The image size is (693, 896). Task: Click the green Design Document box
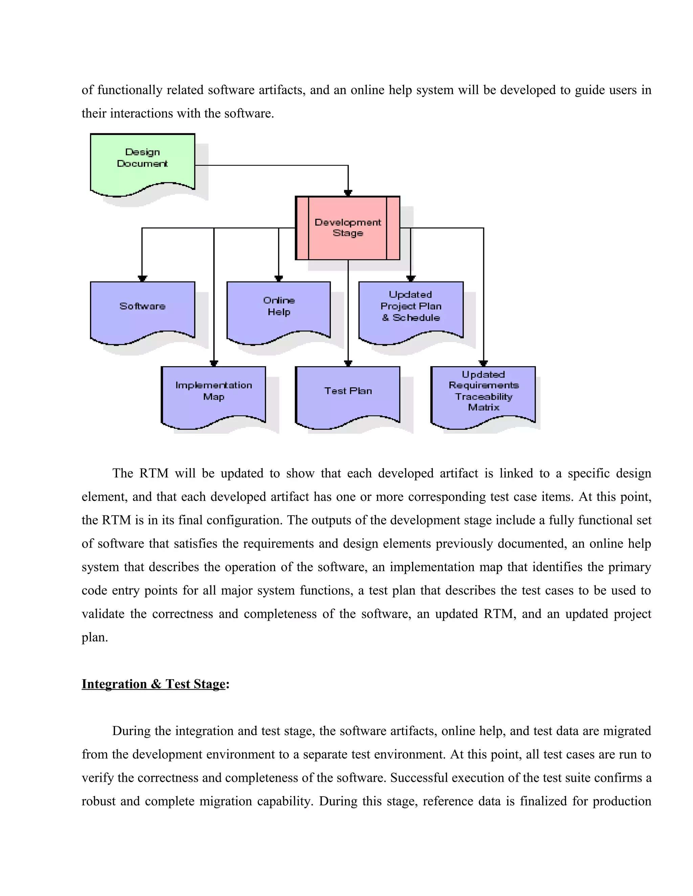coord(142,162)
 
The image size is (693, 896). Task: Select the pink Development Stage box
coord(348,228)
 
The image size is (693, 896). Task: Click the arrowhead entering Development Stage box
coord(348,193)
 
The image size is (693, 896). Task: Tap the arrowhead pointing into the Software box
coord(142,279)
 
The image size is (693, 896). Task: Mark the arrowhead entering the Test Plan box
coord(348,363)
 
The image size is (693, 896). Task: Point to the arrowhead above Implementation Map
coord(214,363)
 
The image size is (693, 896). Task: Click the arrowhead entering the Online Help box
coord(279,279)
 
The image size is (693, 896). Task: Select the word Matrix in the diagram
coord(484,407)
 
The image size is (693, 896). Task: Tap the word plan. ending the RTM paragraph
coord(95,637)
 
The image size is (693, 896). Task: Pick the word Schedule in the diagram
coord(416,317)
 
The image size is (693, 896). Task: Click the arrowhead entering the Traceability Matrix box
coord(484,363)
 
